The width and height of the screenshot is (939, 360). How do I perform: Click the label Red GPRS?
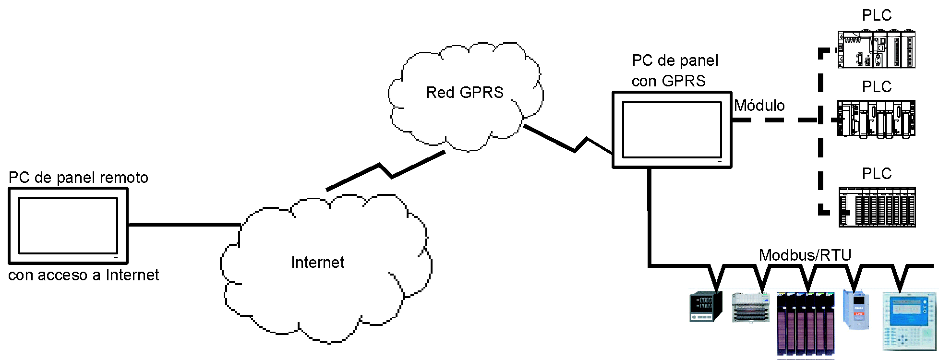pyautogui.click(x=465, y=92)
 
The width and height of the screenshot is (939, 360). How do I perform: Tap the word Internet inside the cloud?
pyautogui.click(x=317, y=263)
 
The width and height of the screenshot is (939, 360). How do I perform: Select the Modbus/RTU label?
pyautogui.click(x=805, y=255)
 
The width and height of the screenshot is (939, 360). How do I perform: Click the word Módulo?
pyautogui.click(x=759, y=106)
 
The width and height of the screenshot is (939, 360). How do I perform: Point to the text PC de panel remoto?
pyautogui.click(x=78, y=178)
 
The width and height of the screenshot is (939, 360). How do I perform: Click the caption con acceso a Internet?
pyautogui.click(x=84, y=275)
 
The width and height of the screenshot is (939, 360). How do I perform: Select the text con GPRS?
pyautogui.click(x=668, y=81)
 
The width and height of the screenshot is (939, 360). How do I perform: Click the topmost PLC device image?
pyautogui.click(x=877, y=49)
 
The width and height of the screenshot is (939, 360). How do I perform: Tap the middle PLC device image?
pyautogui.click(x=877, y=119)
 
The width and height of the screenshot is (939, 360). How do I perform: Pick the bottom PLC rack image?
pyautogui.click(x=877, y=207)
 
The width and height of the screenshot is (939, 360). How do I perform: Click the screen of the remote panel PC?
pyautogui.click(x=68, y=226)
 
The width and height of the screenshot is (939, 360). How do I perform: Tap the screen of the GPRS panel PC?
pyautogui.click(x=672, y=130)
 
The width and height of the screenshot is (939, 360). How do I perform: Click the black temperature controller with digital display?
pyautogui.click(x=706, y=306)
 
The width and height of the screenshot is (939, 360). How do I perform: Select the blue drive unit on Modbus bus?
pyautogui.click(x=856, y=310)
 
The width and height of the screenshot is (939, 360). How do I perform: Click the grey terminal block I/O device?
pyautogui.click(x=750, y=307)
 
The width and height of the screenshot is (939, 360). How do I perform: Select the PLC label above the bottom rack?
pyautogui.click(x=877, y=174)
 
